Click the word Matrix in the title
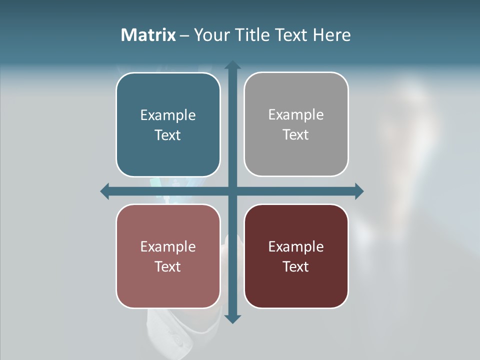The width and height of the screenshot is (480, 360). (148, 35)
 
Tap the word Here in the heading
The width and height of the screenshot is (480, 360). (331, 35)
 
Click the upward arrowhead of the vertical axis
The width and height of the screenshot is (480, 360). (232, 65)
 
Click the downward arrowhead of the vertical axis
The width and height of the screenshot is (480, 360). (232, 319)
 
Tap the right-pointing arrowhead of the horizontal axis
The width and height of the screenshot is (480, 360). (359, 191)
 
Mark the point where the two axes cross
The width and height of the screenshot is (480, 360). (232, 191)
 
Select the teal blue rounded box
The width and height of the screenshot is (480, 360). (168, 150)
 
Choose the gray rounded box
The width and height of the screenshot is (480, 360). (296, 155)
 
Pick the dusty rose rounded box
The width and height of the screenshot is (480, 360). (168, 285)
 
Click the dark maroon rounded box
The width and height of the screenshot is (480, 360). (296, 285)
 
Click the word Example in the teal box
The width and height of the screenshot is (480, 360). (168, 115)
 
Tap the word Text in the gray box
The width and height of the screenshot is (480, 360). (296, 135)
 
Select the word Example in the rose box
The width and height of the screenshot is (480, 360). (168, 247)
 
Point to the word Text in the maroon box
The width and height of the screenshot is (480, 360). (296, 267)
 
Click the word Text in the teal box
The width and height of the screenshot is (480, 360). (168, 135)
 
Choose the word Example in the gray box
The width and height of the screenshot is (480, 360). (296, 115)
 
